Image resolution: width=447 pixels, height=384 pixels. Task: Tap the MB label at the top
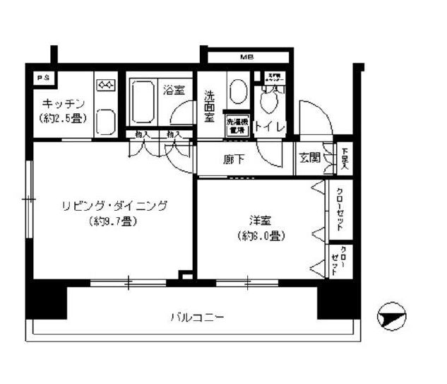click(x=246, y=57)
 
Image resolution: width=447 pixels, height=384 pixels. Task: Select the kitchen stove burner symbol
click(x=107, y=86)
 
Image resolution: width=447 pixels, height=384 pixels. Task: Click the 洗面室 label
click(x=210, y=105)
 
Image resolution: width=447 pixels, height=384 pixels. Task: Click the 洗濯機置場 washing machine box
click(x=237, y=125)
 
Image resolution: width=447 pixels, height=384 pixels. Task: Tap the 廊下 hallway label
click(x=234, y=161)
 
